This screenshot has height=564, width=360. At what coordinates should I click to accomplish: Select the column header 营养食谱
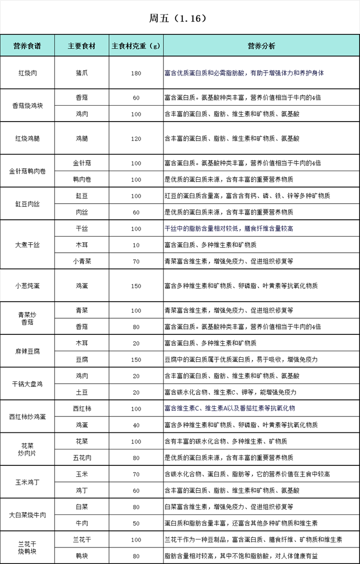(x=27, y=46)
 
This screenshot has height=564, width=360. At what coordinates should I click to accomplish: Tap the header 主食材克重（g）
(x=136, y=46)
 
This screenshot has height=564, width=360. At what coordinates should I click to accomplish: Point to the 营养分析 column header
(x=261, y=46)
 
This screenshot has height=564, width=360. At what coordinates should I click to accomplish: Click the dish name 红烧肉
(x=27, y=73)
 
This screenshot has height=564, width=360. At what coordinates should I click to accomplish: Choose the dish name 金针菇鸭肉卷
(x=27, y=171)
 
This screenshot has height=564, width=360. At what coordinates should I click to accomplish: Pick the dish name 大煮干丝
(x=27, y=245)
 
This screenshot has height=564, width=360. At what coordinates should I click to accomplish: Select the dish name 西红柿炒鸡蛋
(x=27, y=416)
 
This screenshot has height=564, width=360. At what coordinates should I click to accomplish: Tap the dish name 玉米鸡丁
(x=27, y=482)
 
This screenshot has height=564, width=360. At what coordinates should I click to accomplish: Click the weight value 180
(x=136, y=73)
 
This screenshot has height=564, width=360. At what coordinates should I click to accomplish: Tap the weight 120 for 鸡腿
(x=136, y=139)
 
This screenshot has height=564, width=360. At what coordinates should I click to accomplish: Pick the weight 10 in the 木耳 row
(x=136, y=245)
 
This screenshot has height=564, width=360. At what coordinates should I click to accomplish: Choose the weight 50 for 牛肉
(x=136, y=523)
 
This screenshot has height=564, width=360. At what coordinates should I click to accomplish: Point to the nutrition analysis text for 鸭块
(x=248, y=555)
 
